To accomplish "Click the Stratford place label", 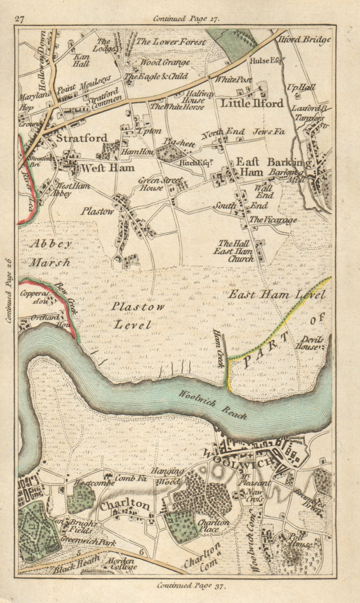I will click(x=81, y=138).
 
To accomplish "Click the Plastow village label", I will click(x=97, y=211).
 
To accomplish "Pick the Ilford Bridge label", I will click(x=304, y=39).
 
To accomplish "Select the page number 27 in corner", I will click(x=20, y=19).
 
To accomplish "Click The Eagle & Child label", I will click(x=156, y=77).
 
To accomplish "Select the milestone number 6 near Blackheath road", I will click(x=141, y=552).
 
